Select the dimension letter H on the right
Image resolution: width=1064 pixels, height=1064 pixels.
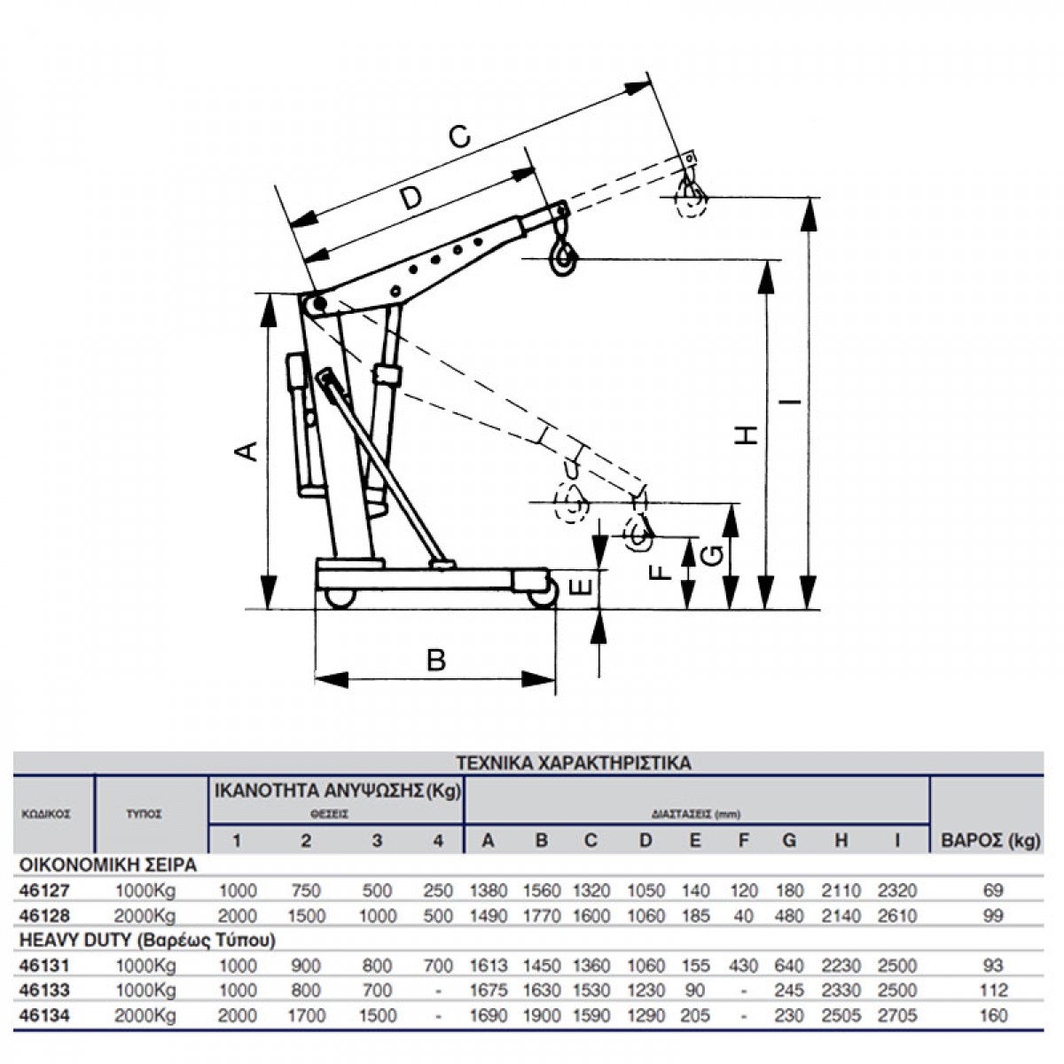coord(750,434)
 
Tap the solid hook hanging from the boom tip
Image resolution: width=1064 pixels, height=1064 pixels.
coord(562,257)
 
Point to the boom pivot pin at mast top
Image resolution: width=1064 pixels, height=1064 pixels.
coord(317,306)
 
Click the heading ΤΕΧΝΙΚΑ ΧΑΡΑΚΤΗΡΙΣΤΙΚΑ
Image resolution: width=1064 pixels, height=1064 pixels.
coord(573,762)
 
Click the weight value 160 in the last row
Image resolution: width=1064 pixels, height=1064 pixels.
coord(994,1015)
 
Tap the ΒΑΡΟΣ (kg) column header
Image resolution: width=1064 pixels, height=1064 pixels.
coord(984,840)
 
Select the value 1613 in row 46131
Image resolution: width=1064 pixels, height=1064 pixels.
coord(489,966)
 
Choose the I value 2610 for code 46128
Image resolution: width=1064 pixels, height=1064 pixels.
coord(896,916)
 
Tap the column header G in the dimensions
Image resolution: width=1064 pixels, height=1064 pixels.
coord(788,840)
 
